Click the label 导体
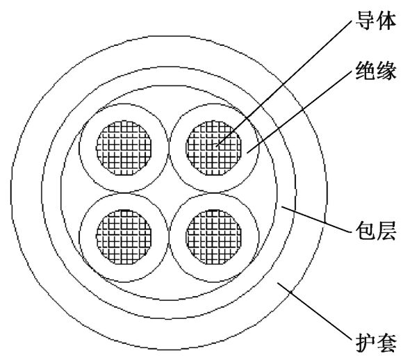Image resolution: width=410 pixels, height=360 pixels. click(x=375, y=20)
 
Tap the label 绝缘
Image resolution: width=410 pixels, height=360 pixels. click(x=375, y=70)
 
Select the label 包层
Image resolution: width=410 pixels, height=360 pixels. click(x=375, y=231)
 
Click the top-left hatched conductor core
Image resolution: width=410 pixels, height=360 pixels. click(x=124, y=148)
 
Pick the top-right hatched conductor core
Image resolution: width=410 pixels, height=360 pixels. click(x=213, y=148)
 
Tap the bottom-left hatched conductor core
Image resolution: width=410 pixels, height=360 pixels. click(x=124, y=237)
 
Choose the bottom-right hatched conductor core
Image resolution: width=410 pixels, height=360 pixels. click(x=213, y=237)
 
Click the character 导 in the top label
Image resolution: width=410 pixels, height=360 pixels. click(x=366, y=20)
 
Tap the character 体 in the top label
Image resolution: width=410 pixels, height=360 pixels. click(x=386, y=20)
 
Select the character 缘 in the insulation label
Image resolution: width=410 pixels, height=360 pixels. click(x=386, y=70)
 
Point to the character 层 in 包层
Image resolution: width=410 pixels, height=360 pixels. click(x=386, y=231)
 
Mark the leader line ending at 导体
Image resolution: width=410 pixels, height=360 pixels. click(x=284, y=83)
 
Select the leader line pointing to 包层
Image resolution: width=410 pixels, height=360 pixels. click(x=316, y=219)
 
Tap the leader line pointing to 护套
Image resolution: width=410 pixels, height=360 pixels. click(x=314, y=312)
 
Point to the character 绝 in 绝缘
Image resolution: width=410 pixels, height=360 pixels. click(x=366, y=70)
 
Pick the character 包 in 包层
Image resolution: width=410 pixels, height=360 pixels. click(x=366, y=231)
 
